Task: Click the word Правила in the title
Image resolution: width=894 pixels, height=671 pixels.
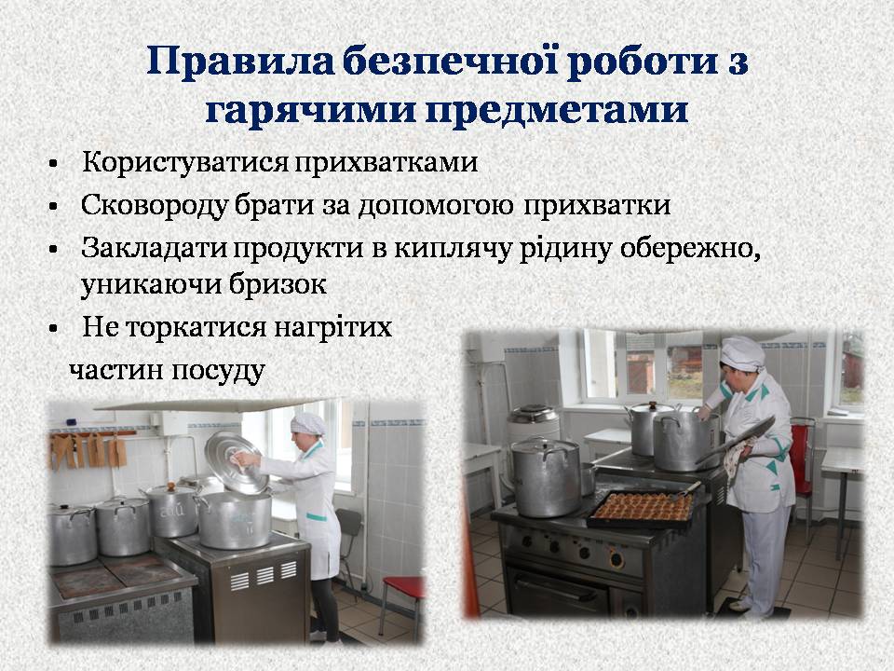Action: coord(239,62)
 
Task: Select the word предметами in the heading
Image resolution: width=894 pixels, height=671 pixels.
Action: coord(557,111)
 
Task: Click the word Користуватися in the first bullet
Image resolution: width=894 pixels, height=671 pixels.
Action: coord(185,162)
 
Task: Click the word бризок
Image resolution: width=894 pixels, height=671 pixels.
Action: coord(278,283)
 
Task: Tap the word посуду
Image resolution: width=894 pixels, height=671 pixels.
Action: coord(218,372)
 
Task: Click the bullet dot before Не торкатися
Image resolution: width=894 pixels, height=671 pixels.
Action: coord(54,329)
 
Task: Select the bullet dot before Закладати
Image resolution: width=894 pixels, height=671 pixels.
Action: coord(54,250)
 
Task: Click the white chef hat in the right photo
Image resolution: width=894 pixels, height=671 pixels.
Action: coord(741,352)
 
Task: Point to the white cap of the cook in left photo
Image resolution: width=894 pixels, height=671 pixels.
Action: coord(308,423)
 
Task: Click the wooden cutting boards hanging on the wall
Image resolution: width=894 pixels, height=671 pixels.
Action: coord(89,449)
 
